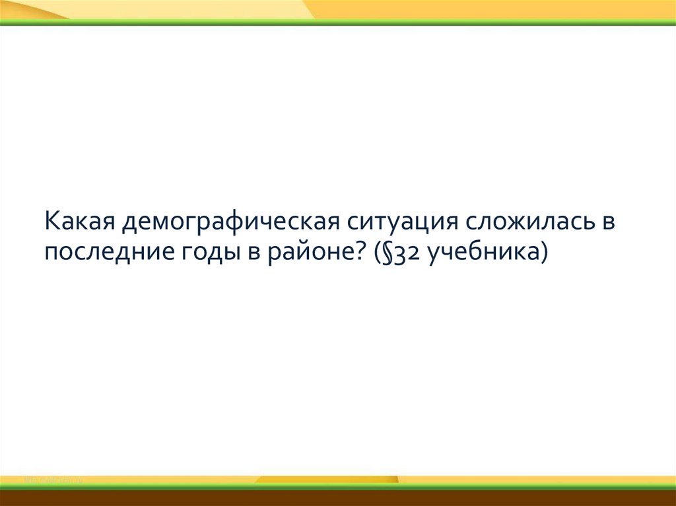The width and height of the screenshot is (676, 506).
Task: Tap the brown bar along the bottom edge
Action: coord(338,498)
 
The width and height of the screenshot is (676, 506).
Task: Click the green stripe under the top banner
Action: coord(338,23)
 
